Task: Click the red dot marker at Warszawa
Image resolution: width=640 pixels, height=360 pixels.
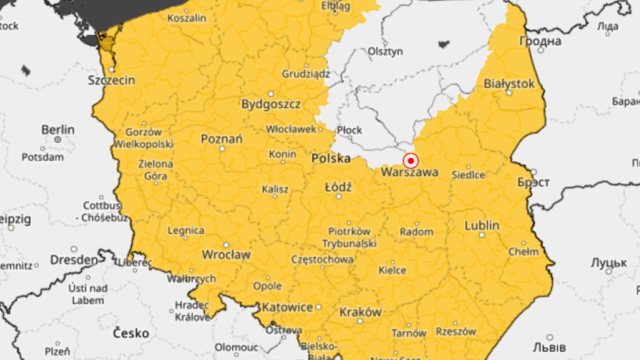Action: pos(411,161)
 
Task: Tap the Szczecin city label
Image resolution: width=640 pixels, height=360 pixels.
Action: pos(112,81)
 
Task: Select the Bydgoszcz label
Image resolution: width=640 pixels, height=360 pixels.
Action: pos(271,104)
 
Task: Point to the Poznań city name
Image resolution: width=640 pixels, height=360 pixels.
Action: pos(222,139)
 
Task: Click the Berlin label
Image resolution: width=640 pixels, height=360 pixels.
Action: pos(58,130)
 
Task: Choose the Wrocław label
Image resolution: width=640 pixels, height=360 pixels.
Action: pos(226,255)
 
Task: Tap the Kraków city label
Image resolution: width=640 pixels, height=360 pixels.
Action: pos(361,312)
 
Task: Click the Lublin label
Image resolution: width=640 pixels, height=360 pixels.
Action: pos(482,225)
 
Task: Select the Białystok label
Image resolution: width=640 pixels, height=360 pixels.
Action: pos(509,84)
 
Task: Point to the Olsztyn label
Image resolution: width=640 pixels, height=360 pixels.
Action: pos(385,52)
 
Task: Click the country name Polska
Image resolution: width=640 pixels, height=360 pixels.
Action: pos(331,158)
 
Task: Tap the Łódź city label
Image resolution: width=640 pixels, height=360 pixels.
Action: pos(338,187)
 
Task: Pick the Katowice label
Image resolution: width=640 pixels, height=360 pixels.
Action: pos(287,308)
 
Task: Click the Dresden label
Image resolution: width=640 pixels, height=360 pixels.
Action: pos(74,260)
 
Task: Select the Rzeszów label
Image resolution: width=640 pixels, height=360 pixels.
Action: pos(456,331)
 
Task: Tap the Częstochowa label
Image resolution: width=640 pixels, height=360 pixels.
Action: pos(322,260)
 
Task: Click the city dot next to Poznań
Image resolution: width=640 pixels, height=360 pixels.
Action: pos(222,149)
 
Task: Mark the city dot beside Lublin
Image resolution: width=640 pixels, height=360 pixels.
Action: pos(482,235)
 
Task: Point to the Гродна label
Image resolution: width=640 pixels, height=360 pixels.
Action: pos(541,41)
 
